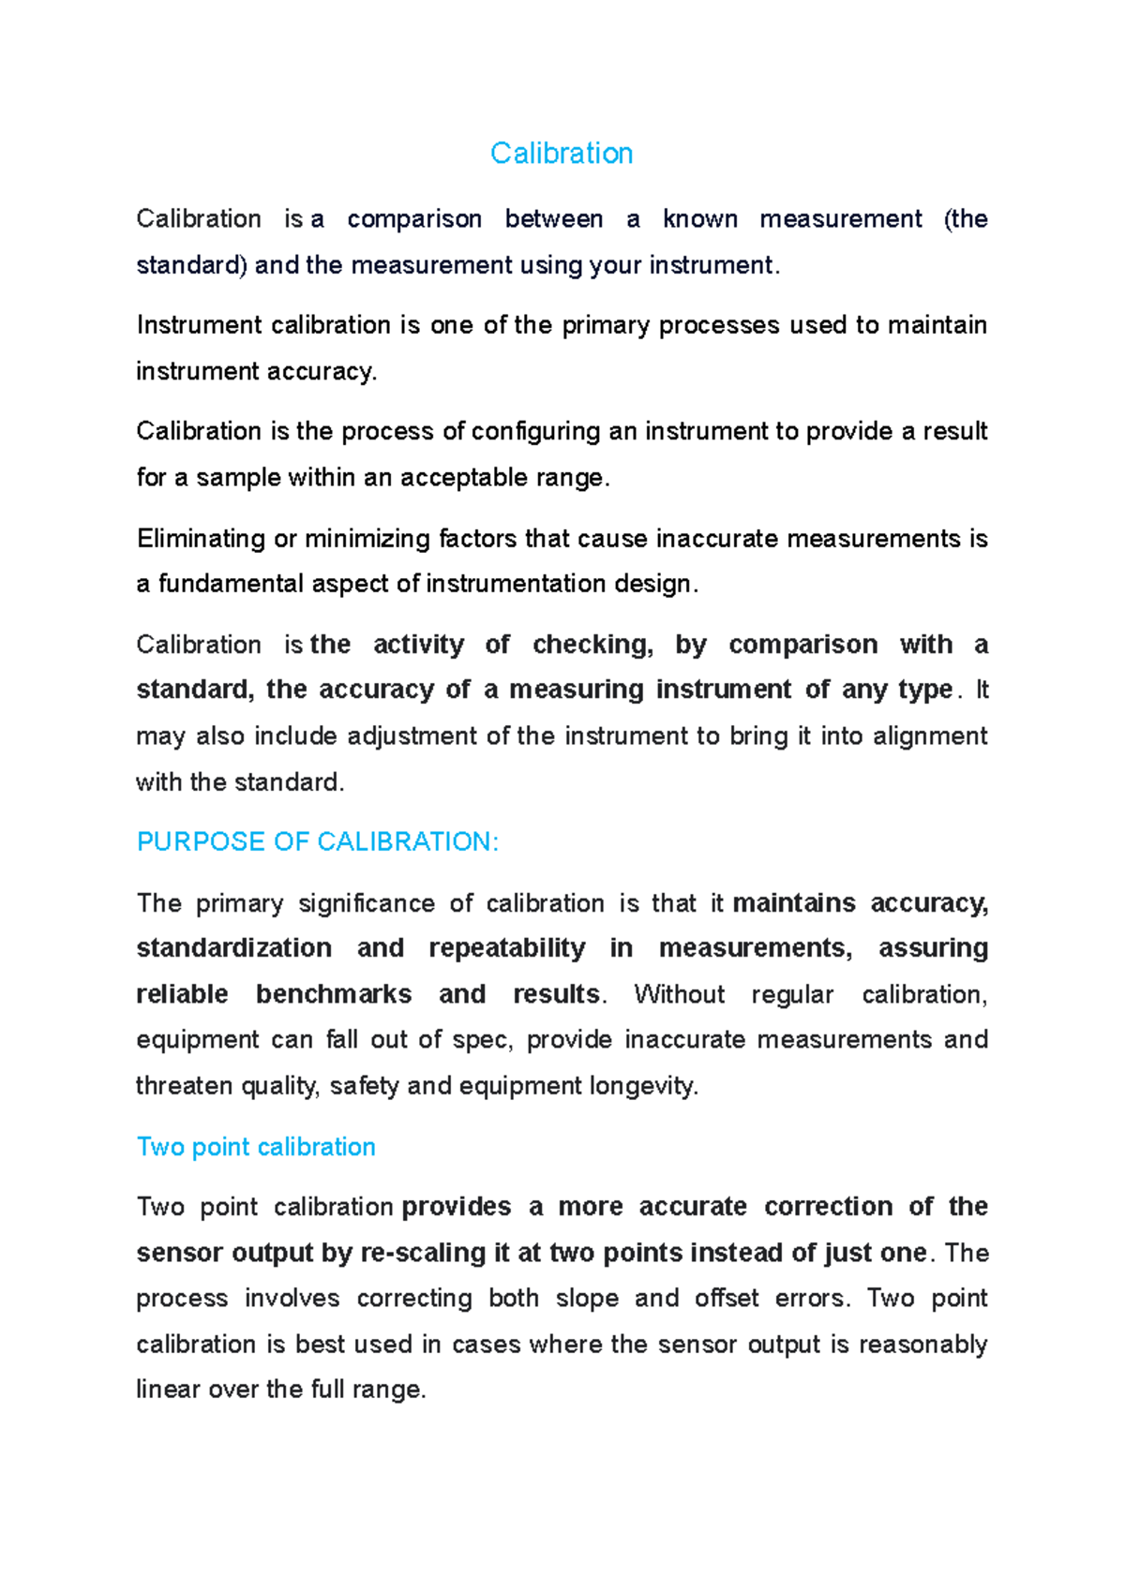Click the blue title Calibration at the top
tap(562, 153)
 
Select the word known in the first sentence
tap(699, 219)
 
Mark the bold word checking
tap(592, 645)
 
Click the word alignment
tap(929, 736)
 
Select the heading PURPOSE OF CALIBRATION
tap(318, 841)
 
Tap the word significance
tap(367, 903)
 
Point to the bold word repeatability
tap(506, 948)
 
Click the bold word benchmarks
tap(334, 994)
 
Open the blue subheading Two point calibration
tap(256, 1147)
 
